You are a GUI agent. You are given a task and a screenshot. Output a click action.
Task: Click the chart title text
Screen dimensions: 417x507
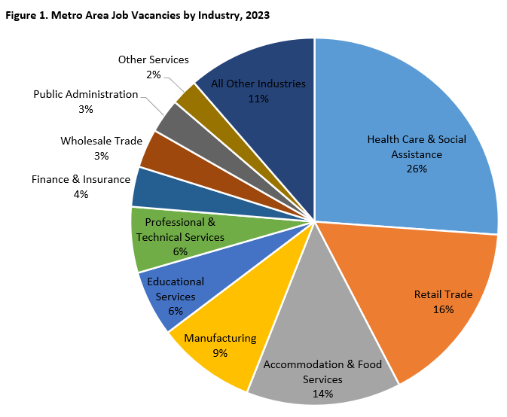pos(137,15)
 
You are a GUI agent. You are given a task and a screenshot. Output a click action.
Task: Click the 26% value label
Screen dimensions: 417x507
pos(417,169)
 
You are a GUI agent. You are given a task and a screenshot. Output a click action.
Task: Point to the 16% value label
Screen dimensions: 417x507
pos(444,309)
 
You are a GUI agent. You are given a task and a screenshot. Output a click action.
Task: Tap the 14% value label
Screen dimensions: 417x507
pos(323,393)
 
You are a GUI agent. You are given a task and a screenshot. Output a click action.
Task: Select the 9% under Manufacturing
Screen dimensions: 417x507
pos(220,352)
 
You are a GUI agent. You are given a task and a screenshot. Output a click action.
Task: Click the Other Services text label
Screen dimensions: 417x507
pos(154,59)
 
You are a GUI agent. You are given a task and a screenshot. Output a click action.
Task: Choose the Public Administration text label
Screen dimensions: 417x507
pos(86,94)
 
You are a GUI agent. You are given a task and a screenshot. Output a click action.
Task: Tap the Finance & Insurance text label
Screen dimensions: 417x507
pos(81,179)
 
